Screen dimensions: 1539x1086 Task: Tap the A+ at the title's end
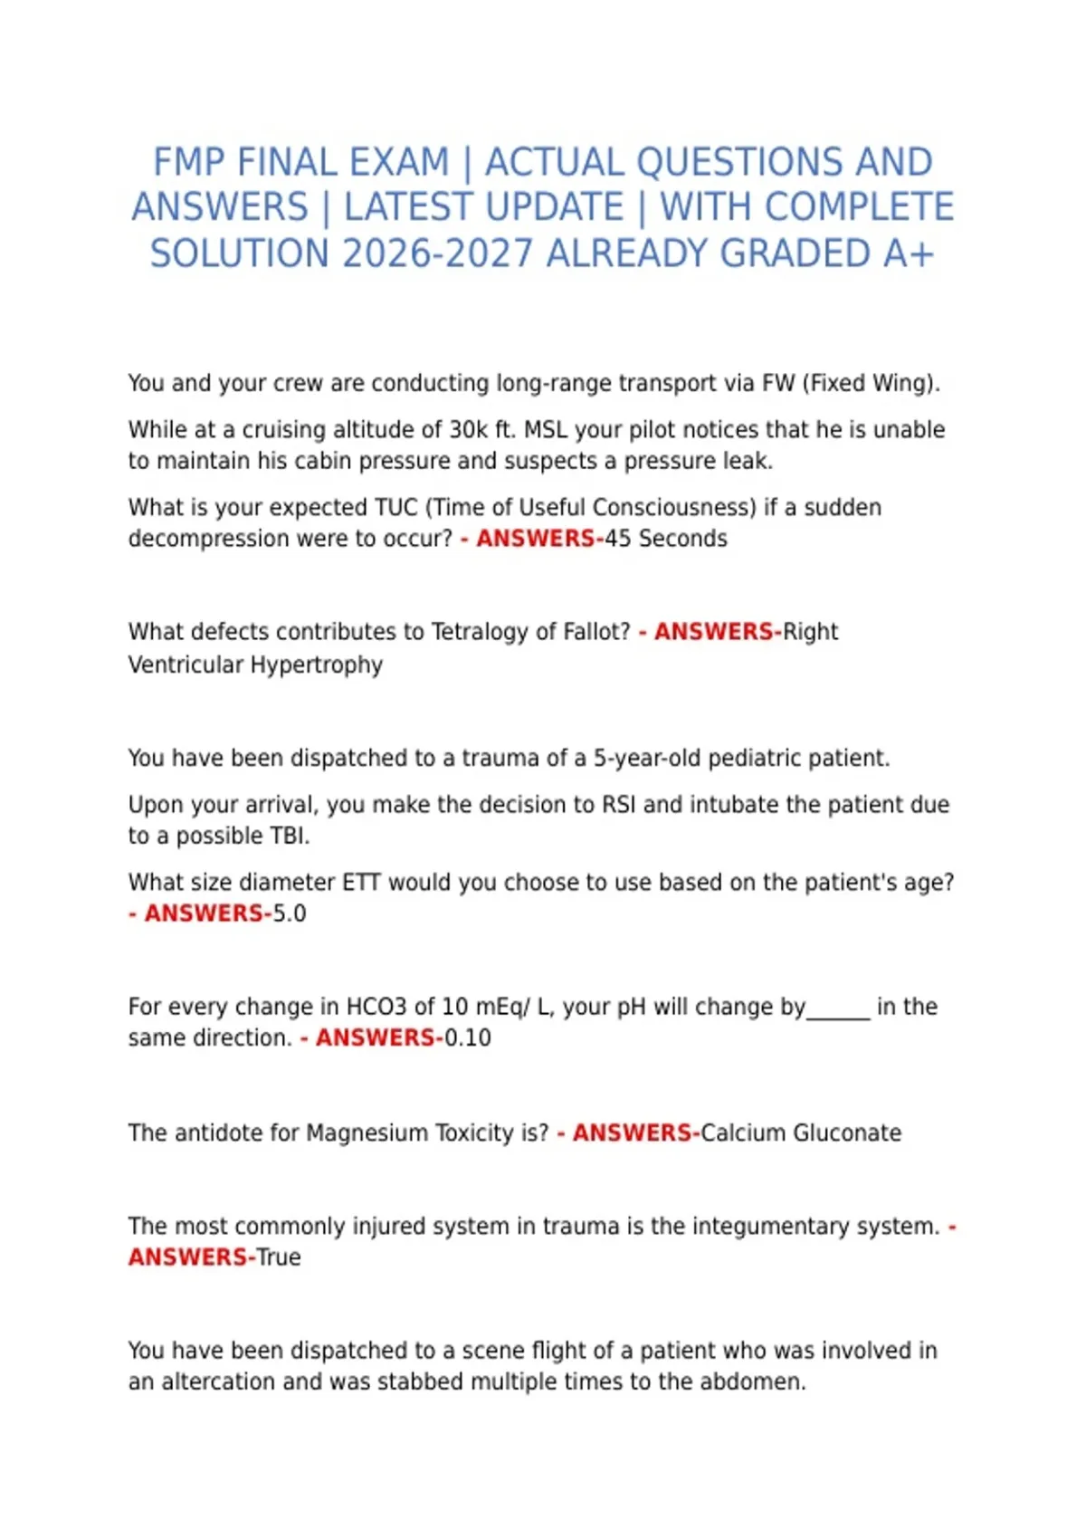pyautogui.click(x=908, y=253)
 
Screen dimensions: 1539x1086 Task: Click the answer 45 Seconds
pyautogui.click(x=666, y=539)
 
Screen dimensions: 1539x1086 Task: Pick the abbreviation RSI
pyautogui.click(x=619, y=805)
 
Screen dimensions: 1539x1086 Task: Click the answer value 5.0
pyautogui.click(x=290, y=913)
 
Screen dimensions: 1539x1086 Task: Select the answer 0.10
pyautogui.click(x=468, y=1037)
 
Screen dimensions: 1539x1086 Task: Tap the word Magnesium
pyautogui.click(x=366, y=1133)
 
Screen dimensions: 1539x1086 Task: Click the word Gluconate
pyautogui.click(x=847, y=1133)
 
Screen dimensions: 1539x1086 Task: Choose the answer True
pyautogui.click(x=279, y=1257)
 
